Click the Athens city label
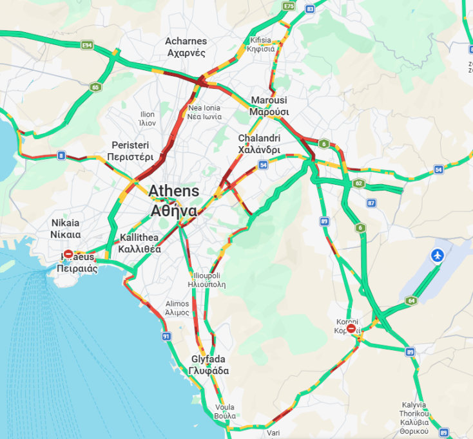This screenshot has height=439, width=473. [174, 201]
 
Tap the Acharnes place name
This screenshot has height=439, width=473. [186, 47]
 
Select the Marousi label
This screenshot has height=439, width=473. [269, 106]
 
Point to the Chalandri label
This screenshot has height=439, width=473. [259, 144]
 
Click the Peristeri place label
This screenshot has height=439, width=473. [130, 151]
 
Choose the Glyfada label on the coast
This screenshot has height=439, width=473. [209, 365]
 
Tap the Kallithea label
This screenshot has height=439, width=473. [140, 243]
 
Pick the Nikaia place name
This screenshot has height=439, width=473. [66, 228]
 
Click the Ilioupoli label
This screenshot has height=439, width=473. [206, 278]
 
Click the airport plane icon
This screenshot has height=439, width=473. [438, 256]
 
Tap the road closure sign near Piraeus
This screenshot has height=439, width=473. [68, 255]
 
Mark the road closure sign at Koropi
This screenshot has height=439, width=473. [351, 329]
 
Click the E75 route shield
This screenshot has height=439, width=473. [288, 6]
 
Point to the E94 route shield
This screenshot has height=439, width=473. [87, 45]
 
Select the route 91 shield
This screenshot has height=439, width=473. [166, 336]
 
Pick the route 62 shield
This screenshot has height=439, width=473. [359, 183]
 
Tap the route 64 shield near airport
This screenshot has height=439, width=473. [411, 301]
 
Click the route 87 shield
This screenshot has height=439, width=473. [371, 203]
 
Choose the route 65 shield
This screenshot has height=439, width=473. [95, 87]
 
